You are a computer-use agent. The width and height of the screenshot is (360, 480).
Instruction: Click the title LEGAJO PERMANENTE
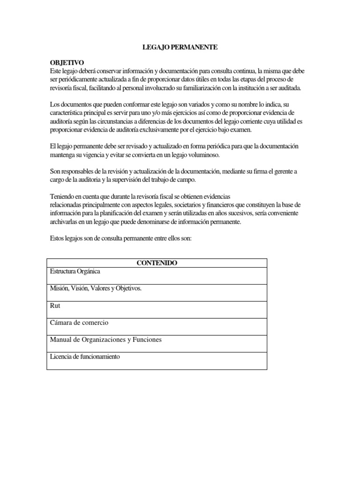(180, 47)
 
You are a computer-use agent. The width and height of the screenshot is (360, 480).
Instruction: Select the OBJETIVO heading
(67, 63)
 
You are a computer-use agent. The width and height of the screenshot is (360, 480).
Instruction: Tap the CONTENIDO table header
(157, 263)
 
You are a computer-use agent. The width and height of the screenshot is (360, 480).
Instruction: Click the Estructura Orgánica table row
(75, 271)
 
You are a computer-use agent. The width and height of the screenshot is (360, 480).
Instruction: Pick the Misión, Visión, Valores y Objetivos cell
(96, 288)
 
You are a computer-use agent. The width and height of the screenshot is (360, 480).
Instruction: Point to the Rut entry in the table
(55, 306)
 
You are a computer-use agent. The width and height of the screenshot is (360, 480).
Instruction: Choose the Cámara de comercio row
(79, 322)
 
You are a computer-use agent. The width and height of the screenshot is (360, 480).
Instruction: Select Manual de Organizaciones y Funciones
(105, 339)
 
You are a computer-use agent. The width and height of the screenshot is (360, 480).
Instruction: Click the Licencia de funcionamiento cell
(85, 357)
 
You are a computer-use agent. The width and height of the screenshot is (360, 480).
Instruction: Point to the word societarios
(180, 205)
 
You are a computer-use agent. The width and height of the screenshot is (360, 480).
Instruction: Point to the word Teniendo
(64, 196)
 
